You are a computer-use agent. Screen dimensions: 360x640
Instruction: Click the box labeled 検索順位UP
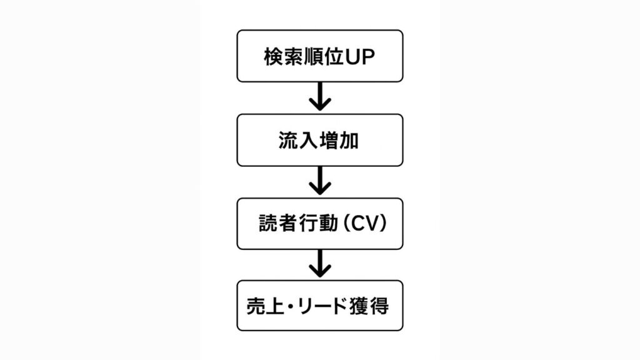(319, 56)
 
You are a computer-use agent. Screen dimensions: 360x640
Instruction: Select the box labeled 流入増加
(319, 140)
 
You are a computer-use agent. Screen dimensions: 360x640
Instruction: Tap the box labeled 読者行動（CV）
(319, 224)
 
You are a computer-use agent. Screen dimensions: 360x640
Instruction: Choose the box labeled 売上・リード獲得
(319, 306)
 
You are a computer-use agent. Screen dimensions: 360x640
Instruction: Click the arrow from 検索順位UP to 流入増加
(320, 97)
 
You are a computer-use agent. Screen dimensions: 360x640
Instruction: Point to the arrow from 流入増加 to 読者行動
(320, 181)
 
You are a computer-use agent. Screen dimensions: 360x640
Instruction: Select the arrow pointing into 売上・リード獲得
(320, 264)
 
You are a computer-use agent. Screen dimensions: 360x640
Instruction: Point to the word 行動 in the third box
(318, 224)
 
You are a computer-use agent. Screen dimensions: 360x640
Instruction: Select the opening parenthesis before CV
(342, 224)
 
